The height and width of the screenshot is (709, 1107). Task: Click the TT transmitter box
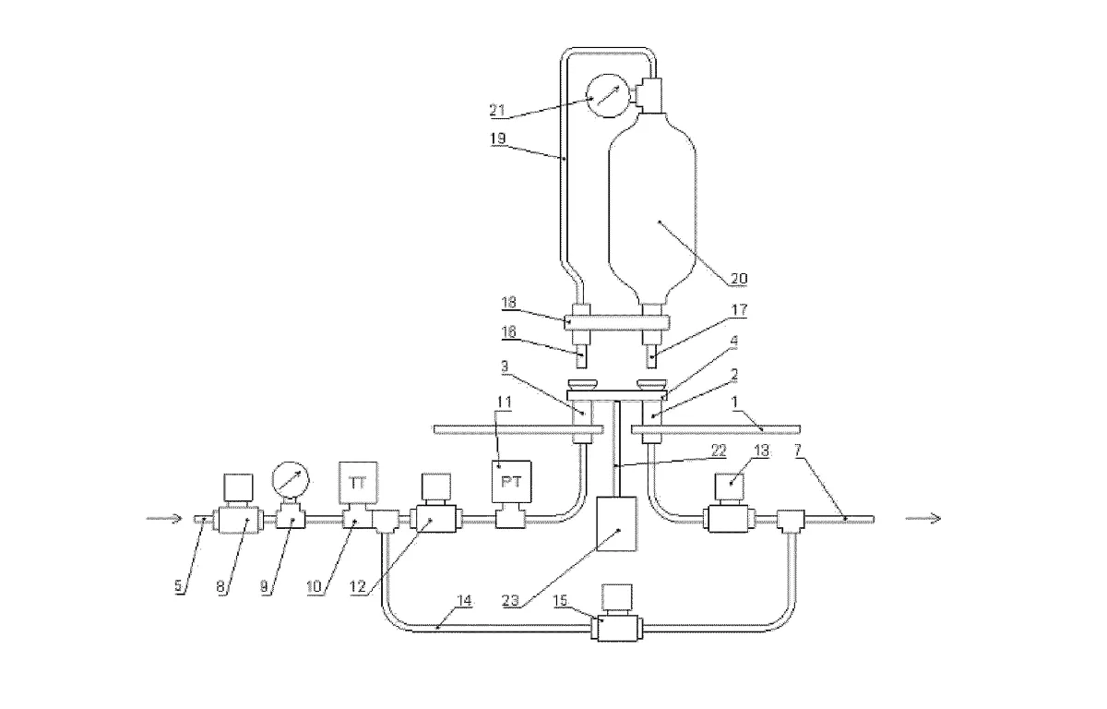pos(358,484)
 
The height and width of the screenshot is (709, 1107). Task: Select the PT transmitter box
pos(511,482)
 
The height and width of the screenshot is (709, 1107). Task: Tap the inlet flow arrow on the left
pos(164,519)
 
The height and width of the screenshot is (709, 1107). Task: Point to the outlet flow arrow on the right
pos(922,519)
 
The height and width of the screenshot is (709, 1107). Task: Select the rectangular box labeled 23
pos(616,523)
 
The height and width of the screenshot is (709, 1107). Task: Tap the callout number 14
pos(464,601)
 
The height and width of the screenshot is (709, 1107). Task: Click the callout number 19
pos(497,138)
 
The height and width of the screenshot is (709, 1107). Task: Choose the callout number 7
pos(797,451)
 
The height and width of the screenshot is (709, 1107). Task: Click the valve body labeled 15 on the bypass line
pos(617,628)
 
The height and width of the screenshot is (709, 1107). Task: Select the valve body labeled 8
pos(238,519)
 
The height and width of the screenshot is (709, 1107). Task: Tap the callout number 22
pos(719,451)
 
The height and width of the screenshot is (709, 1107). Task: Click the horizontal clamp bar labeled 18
pos(617,323)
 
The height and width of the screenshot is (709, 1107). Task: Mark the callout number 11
pos(504,402)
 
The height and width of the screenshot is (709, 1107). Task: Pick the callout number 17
pos(739,310)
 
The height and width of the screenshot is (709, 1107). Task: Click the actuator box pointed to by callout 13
pos(730,487)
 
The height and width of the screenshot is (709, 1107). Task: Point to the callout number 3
pos(505,367)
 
